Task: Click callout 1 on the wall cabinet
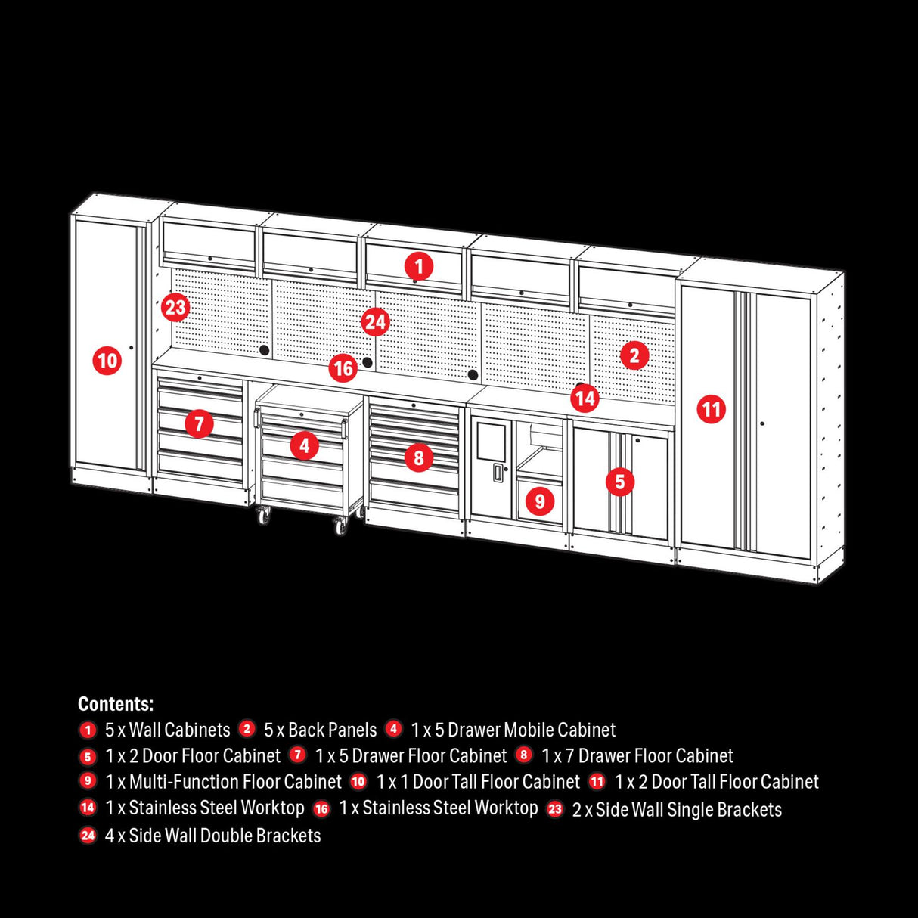(418, 266)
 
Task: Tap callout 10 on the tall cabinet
(107, 360)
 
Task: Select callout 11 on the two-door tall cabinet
(711, 410)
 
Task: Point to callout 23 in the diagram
(175, 308)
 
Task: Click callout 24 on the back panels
(375, 322)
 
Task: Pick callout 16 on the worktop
(343, 368)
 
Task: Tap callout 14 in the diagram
(585, 398)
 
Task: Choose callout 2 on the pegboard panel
(634, 355)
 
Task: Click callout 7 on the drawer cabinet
(199, 423)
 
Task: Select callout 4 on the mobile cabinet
(304, 445)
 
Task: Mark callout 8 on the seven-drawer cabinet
(418, 457)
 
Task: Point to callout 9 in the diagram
(539, 501)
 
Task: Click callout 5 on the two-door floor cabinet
(619, 481)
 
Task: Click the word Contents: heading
(116, 704)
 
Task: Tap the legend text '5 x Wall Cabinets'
(167, 730)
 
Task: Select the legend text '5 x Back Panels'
(320, 730)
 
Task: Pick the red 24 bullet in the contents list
(88, 836)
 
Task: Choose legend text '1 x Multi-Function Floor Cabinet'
(223, 781)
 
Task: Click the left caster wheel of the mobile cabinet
(264, 516)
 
